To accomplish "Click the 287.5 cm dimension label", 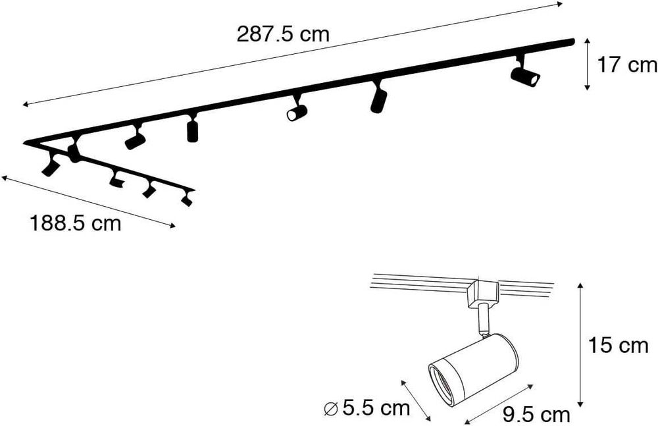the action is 283,34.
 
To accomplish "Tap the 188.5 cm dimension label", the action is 76,223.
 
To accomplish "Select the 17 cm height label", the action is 627,65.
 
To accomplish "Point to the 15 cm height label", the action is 618,345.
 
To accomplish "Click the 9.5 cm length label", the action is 536,415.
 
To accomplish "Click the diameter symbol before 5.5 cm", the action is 332,408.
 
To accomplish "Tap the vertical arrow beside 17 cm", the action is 588,64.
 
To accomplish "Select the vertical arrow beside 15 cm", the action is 581,345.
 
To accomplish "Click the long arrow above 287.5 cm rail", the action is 293,54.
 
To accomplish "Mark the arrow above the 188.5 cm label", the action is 89,202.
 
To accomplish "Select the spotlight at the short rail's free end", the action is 187,198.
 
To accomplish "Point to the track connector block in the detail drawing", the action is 482,294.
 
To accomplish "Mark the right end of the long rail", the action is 572,41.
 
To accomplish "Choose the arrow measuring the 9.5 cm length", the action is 498,404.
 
